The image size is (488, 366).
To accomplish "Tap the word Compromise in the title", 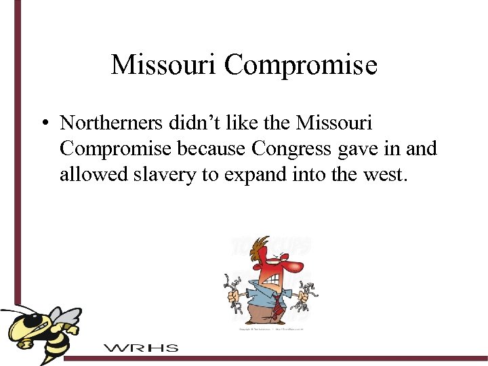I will coord(300,65).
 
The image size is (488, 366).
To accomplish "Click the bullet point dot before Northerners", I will coord(43,123).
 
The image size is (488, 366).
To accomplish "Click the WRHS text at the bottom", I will coord(141,348).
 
